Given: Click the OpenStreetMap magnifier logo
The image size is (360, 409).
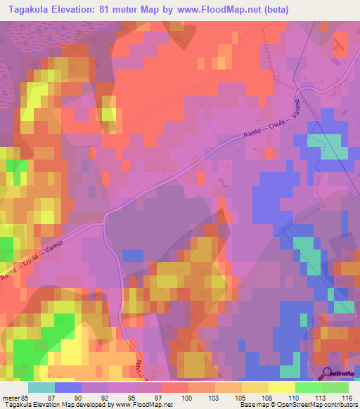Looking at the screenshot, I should coord(328,372).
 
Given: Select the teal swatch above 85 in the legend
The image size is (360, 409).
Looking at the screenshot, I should coord(41,387).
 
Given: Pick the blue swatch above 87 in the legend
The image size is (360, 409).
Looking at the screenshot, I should coord(68,387).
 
